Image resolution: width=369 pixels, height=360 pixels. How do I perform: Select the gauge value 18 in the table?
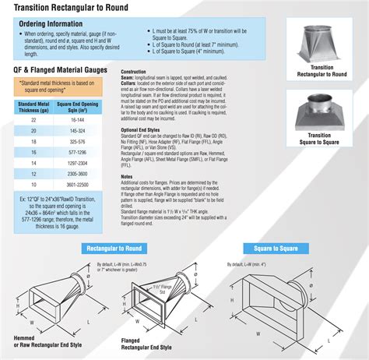(33, 143)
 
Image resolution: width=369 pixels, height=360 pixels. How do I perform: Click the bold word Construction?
(135, 71)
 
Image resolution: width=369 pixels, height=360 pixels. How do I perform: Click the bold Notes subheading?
(128, 176)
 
